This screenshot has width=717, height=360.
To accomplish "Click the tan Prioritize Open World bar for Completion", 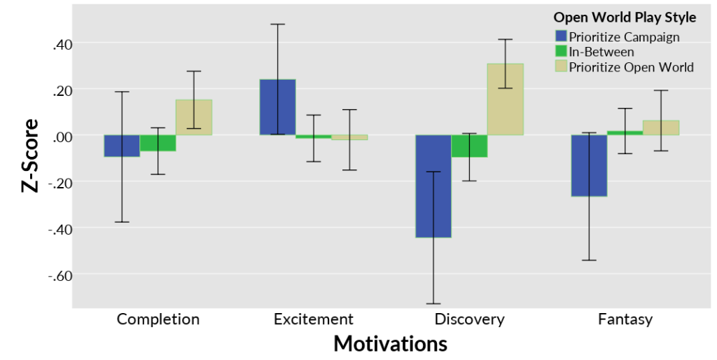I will (193, 118).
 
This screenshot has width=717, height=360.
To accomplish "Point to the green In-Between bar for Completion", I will (158, 143).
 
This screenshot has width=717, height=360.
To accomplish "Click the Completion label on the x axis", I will (158, 319).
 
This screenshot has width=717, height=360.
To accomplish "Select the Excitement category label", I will (314, 319).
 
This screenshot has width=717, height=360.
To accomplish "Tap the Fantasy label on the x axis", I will (625, 319).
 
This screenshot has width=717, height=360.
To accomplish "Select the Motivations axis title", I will (390, 344).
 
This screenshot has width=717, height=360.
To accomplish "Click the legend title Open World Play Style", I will (625, 17).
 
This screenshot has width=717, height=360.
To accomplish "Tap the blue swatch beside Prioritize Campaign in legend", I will (560, 36).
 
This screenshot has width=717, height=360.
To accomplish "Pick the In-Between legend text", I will (601, 52).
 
